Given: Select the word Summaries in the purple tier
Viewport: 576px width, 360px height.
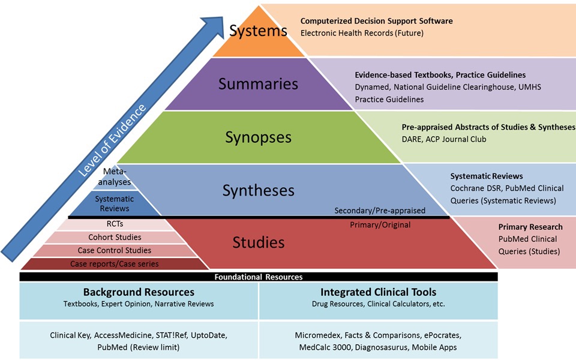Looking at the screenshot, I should coord(258,83).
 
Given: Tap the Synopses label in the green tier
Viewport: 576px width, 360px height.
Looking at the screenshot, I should coord(258,137).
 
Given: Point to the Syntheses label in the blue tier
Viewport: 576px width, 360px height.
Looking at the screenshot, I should coord(258,190).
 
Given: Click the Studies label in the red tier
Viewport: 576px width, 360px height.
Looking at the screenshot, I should coord(258,242).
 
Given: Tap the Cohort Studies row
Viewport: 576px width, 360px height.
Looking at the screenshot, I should coord(114,237).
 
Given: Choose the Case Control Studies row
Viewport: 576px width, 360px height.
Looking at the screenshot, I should coord(114,250).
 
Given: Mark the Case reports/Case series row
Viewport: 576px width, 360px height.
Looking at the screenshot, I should coord(114,263).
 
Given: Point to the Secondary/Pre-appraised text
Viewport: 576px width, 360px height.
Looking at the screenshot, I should coord(380,211).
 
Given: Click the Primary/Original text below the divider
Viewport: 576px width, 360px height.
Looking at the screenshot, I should coord(380,224).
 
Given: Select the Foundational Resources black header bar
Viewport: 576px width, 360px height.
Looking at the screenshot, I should coord(259,277).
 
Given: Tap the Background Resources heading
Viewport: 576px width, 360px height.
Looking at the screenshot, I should coord(139,292).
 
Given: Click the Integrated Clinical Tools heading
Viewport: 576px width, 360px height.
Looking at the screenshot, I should coord(378,292).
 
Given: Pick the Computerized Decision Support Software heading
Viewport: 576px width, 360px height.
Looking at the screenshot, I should coord(376,21).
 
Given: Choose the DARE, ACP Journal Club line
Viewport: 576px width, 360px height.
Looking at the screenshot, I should coord(443,139).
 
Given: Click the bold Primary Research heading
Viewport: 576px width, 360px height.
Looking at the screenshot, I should coord(530,227).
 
